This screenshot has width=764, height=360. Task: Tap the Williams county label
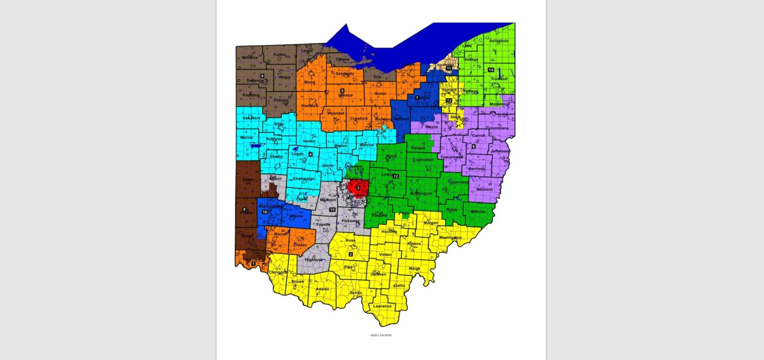250,58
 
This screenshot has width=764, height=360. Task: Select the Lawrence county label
382,306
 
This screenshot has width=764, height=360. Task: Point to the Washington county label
451,238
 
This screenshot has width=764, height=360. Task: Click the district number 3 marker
358,188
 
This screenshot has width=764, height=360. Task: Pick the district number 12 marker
396,177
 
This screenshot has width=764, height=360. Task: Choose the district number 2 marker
351,255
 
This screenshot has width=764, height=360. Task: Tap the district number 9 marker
262,76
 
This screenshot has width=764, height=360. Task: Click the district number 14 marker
491,70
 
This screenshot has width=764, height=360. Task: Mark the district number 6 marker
474,146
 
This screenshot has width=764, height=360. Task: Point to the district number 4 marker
310,154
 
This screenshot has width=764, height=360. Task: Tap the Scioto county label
356,293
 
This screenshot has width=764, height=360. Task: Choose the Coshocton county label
423,160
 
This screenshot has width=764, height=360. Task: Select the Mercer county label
247,137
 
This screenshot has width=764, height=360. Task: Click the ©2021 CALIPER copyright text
381,335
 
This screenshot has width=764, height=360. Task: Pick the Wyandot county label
336,113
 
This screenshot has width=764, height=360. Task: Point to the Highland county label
313,260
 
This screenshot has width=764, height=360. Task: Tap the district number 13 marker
449,100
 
